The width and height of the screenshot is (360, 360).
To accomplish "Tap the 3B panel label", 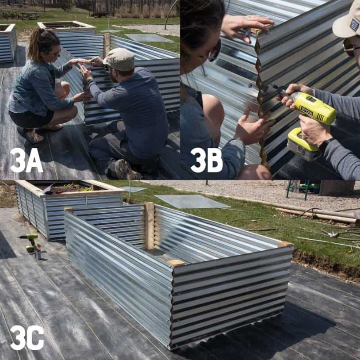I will click(x=207, y=160).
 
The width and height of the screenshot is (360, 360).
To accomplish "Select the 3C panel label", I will click(x=27, y=338).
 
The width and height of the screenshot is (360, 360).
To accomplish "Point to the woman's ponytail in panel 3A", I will click(x=35, y=44).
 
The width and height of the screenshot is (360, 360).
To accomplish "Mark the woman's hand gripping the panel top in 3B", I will click(x=247, y=24).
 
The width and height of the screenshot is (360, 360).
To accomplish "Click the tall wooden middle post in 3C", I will click(x=149, y=226).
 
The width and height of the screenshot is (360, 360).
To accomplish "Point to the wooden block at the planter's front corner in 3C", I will click(x=176, y=263).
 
